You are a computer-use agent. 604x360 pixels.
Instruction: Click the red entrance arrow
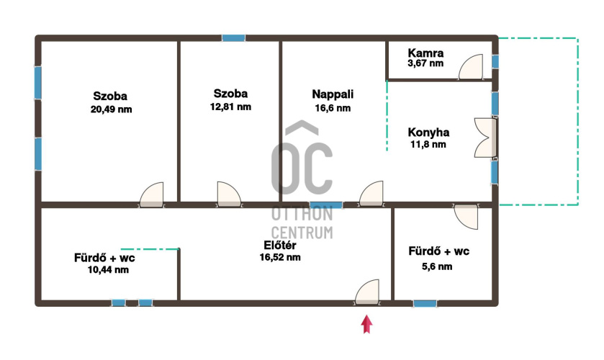[x=366, y=324]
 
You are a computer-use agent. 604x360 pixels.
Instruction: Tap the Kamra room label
[x=425, y=53]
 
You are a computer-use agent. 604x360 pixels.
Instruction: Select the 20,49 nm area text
[x=111, y=109]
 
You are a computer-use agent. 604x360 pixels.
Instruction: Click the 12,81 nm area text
[x=230, y=107]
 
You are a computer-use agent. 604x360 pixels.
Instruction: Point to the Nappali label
[x=333, y=94]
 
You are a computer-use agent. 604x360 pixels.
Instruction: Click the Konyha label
[x=428, y=132]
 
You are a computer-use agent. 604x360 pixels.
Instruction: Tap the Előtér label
[x=279, y=245]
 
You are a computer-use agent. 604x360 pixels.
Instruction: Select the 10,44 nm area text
[x=108, y=270]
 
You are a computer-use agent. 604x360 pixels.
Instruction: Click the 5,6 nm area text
[x=437, y=266]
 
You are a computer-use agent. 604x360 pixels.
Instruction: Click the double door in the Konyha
[x=485, y=138]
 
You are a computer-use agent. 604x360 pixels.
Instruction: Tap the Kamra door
[x=471, y=67]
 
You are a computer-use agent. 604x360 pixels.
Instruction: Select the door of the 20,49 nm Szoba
[x=151, y=195]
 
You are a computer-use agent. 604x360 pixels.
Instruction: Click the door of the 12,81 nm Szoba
[x=229, y=194]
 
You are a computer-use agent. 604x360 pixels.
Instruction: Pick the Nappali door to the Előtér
[x=371, y=194]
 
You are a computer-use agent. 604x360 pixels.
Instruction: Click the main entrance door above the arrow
[x=366, y=292]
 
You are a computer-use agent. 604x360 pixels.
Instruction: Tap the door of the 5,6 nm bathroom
[x=466, y=217]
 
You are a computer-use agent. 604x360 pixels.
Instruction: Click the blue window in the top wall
[x=233, y=37]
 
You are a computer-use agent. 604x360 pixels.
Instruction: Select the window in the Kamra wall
[x=495, y=62]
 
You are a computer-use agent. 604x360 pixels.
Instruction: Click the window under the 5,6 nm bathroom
[x=425, y=303]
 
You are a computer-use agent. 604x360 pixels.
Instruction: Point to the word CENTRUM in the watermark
[x=302, y=233]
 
